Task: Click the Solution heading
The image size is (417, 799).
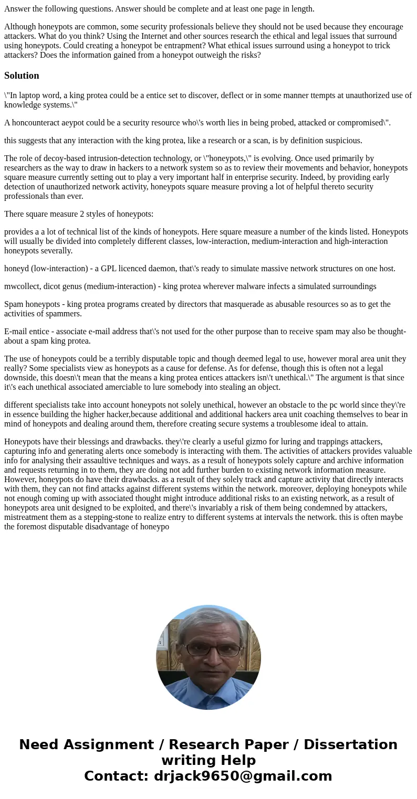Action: point(22,76)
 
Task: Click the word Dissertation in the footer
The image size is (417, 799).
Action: point(350,745)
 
